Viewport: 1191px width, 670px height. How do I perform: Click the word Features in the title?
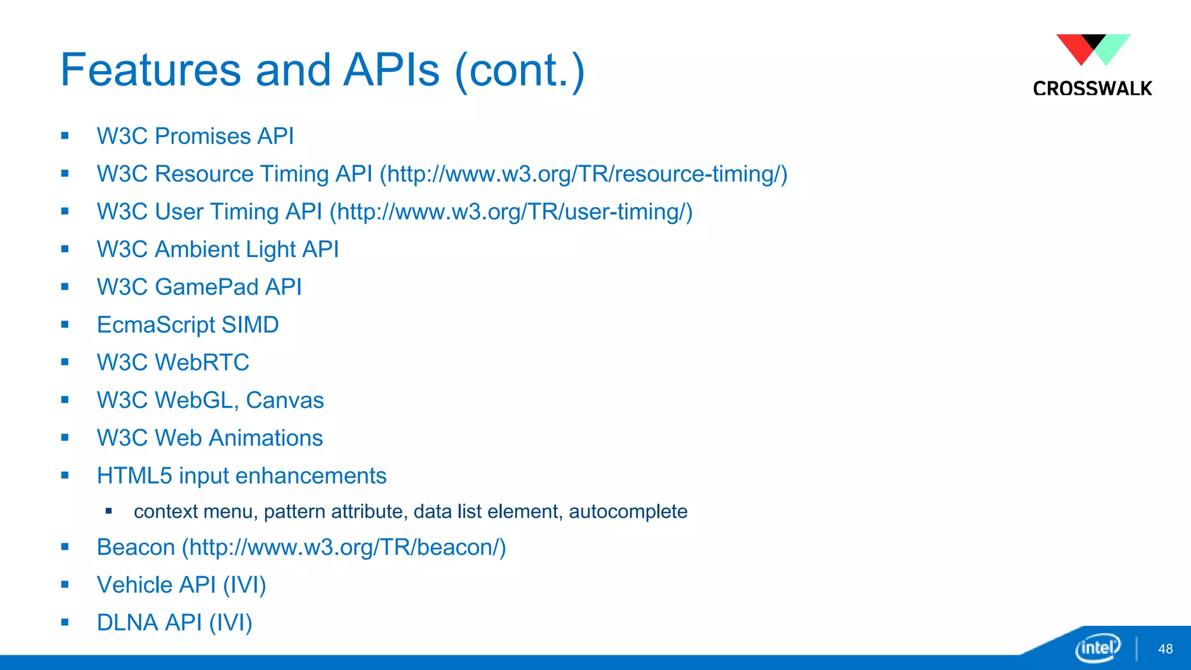coord(150,70)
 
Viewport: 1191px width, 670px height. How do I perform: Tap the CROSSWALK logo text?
coord(1092,88)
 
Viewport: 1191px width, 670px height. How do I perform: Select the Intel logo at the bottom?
coord(1097,647)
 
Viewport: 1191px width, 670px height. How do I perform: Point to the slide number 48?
coord(1165,649)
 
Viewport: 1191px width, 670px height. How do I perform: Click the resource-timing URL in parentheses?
coord(583,174)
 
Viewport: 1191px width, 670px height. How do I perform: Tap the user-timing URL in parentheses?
coord(511,212)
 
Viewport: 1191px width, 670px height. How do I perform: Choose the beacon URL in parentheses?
coord(344,547)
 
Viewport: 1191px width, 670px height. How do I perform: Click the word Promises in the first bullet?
coord(203,136)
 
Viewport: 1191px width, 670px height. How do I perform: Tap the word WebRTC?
coord(202,362)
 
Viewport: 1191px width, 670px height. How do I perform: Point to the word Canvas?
coord(284,400)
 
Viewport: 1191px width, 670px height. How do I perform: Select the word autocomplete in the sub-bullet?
coord(627,511)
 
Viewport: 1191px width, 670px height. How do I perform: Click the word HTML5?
coord(134,476)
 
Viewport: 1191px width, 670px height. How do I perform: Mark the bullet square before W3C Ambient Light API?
coord(65,250)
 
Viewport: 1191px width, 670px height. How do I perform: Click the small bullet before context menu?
coord(109,511)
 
